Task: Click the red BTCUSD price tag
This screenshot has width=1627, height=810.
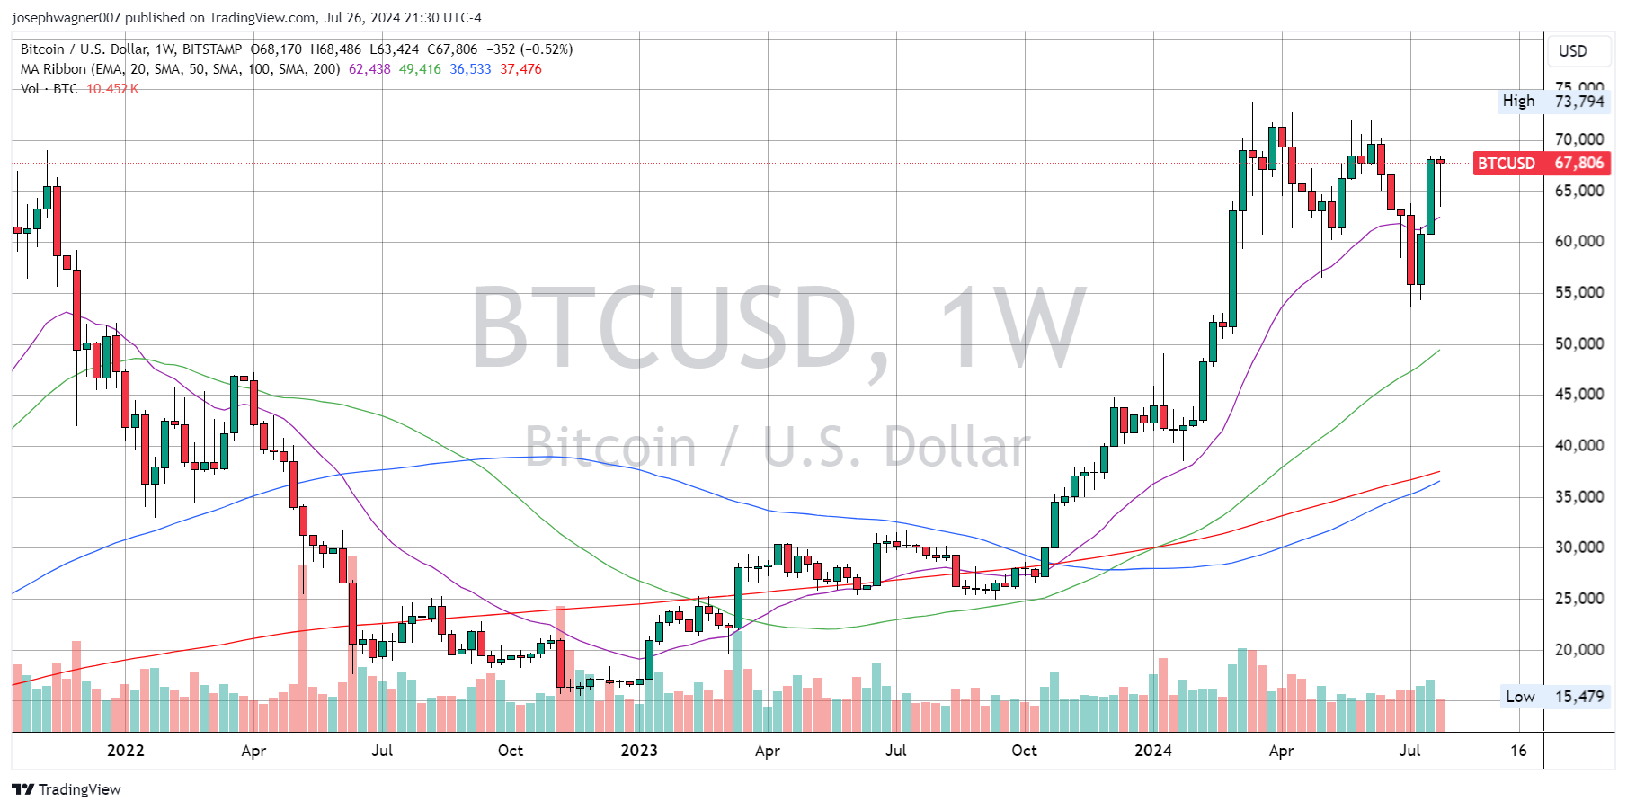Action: (1507, 163)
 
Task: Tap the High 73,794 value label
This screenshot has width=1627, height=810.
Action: (1579, 101)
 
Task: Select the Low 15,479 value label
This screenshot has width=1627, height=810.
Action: (1579, 697)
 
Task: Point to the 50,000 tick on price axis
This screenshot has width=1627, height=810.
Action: (1579, 343)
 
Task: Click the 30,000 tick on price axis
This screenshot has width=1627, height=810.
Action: (1579, 547)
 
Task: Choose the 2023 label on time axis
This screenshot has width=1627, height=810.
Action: (639, 751)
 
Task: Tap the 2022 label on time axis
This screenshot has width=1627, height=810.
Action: (125, 751)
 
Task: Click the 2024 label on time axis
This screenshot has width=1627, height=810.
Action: (1152, 751)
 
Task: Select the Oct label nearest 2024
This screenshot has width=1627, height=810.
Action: (1024, 751)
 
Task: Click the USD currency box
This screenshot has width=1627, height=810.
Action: (1572, 51)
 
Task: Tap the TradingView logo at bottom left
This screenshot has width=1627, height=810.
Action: (67, 789)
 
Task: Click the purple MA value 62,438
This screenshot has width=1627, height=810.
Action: (369, 69)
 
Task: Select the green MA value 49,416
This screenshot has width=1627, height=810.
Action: (420, 69)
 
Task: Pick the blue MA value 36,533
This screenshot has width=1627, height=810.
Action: (470, 69)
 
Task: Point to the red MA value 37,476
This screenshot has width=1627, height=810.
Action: (521, 69)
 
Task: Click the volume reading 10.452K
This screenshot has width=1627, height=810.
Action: (112, 89)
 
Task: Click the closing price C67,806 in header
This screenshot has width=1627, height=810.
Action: (452, 49)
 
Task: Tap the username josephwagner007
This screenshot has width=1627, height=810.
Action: (67, 18)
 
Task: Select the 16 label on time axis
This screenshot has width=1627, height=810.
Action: (1518, 751)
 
